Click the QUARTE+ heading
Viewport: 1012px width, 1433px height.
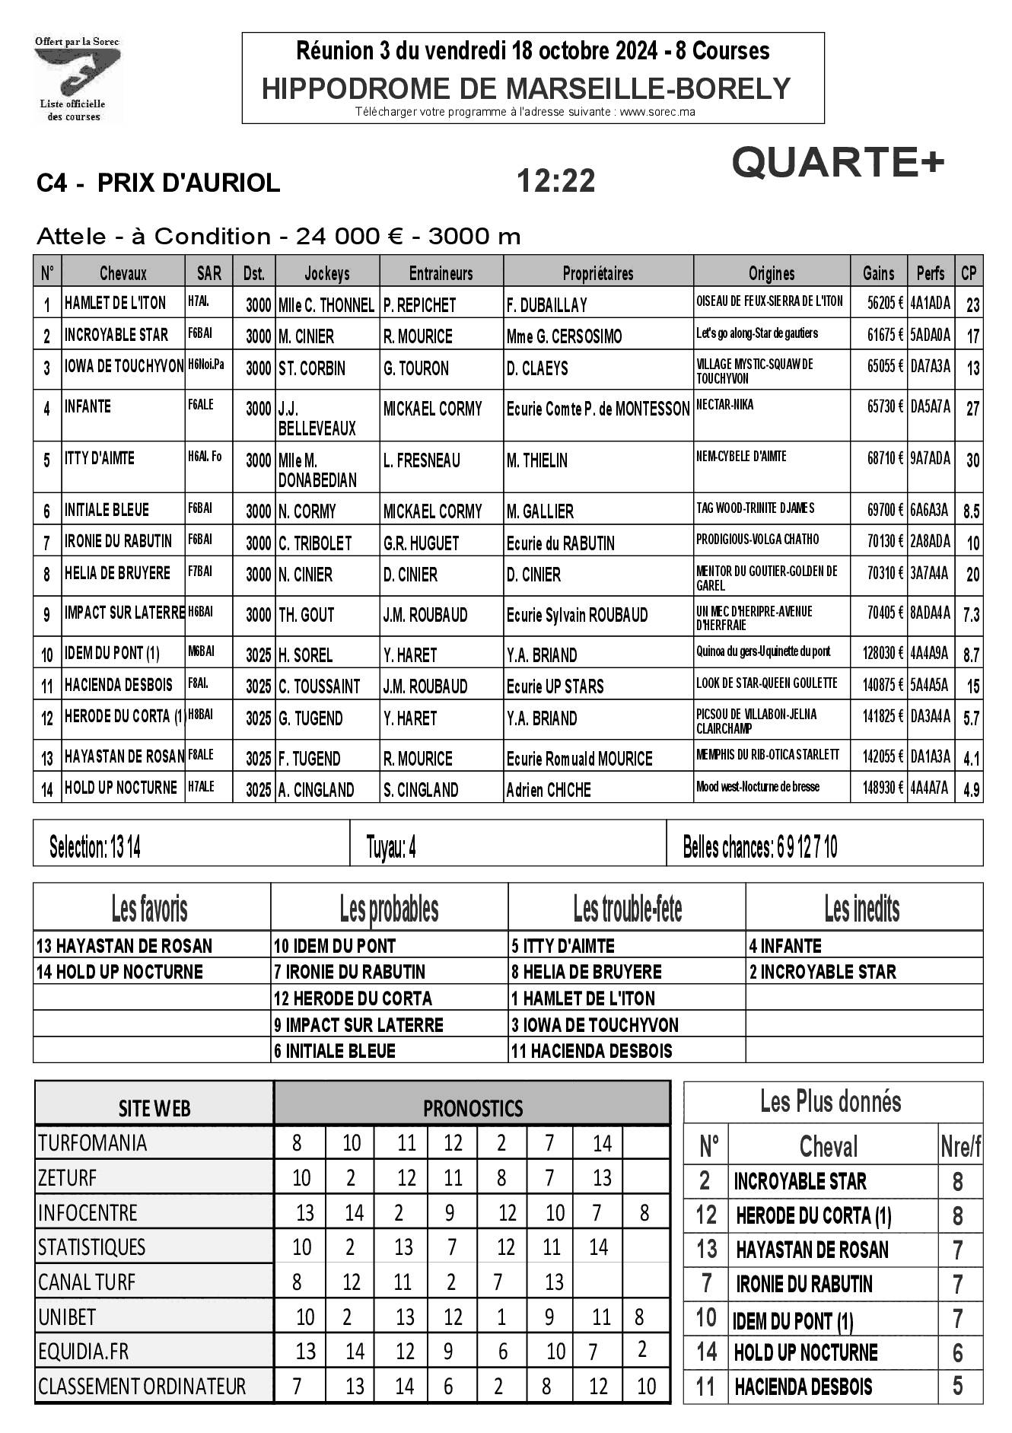(838, 162)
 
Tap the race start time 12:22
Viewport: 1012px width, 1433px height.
(555, 181)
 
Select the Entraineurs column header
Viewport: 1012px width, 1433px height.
(441, 273)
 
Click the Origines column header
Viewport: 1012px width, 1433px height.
(771, 273)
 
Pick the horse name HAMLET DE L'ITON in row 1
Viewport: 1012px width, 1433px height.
(115, 303)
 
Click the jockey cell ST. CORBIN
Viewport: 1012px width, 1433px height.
(312, 369)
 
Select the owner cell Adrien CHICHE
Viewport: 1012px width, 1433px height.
(549, 791)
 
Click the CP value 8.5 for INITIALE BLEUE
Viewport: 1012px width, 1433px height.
(971, 511)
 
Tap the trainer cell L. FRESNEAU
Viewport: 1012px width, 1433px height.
(422, 460)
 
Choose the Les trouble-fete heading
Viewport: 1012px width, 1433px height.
(627, 908)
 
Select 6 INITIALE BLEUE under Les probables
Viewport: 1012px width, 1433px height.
(335, 1051)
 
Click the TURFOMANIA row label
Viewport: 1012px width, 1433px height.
(93, 1143)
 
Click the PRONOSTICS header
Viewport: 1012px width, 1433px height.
(473, 1107)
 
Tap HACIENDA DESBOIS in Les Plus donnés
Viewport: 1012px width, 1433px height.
(803, 1387)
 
